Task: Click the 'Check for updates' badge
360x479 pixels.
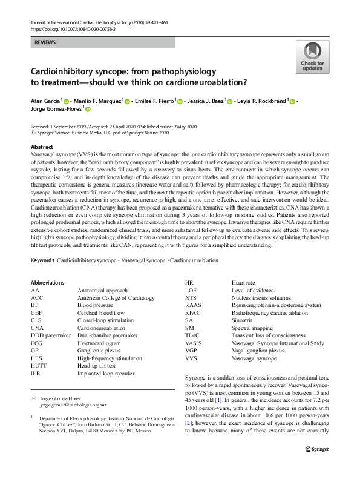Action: [x=312, y=59]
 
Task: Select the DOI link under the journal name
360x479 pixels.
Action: [x=74, y=28]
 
